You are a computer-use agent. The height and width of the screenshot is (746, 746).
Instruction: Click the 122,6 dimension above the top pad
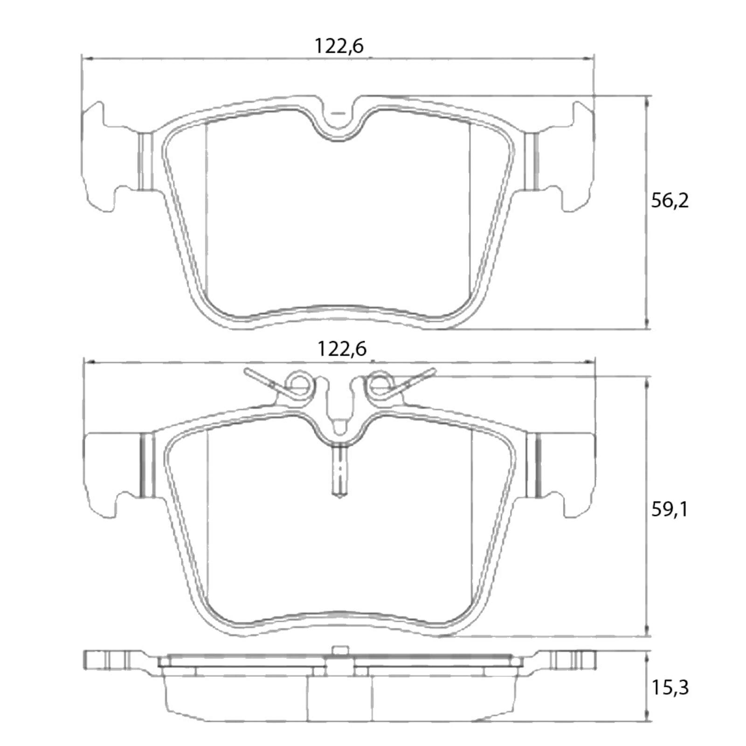tap(338, 47)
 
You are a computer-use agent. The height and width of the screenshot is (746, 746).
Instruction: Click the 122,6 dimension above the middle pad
tap(342, 349)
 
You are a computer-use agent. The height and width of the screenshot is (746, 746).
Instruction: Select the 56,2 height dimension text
tap(670, 201)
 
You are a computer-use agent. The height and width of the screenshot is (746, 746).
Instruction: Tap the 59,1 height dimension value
tap(670, 510)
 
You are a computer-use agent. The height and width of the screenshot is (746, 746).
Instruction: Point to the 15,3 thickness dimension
tap(670, 688)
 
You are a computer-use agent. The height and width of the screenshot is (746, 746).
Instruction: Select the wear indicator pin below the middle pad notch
tap(339, 471)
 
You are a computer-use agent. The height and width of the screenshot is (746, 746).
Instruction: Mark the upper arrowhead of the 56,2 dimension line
tap(647, 100)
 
